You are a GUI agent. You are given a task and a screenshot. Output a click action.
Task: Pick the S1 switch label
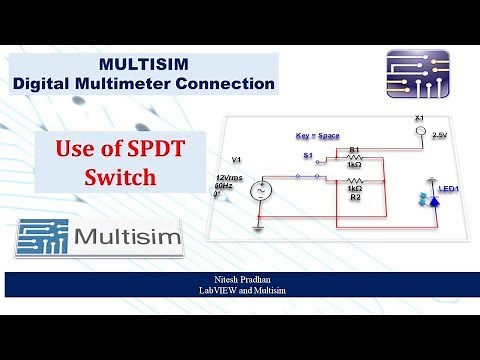click(307, 157)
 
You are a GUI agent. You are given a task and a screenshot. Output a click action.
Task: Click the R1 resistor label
click(353, 150)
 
